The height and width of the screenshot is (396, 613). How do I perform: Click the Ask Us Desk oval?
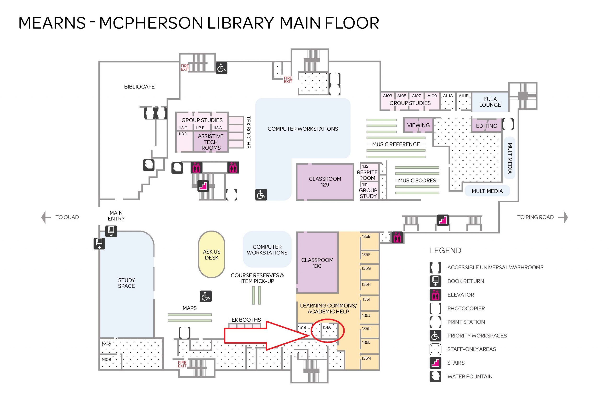[211, 254]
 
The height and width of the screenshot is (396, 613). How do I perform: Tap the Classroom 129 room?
[325, 181]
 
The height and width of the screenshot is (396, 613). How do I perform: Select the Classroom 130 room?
[317, 263]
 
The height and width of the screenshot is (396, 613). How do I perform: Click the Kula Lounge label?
[490, 102]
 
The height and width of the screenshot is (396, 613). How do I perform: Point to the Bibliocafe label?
[139, 87]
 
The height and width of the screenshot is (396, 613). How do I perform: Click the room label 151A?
[326, 327]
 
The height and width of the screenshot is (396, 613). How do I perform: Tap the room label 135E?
[366, 236]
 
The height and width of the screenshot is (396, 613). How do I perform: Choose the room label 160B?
[106, 359]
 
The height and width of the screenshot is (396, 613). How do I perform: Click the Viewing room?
[418, 125]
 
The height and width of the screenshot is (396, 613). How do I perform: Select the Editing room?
[486, 126]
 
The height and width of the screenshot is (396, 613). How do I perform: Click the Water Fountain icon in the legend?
[435, 376]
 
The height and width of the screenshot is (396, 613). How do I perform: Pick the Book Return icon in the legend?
[435, 281]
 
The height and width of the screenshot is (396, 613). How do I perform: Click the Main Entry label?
[116, 215]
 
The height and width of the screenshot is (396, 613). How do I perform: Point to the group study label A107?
[416, 96]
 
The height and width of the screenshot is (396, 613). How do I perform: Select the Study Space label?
[126, 283]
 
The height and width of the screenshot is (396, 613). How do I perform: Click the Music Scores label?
[417, 181]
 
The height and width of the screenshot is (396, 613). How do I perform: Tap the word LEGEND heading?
[445, 250]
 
